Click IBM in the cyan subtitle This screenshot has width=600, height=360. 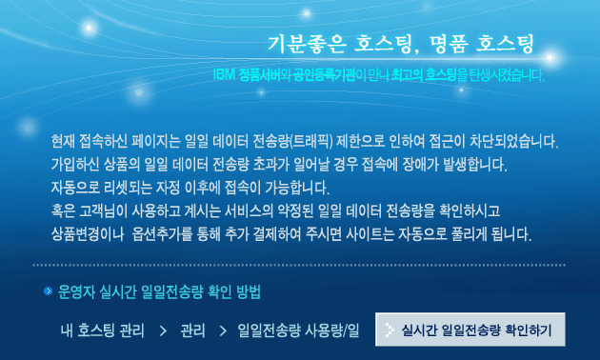pyautogui.click(x=224, y=74)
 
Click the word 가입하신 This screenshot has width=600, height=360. pyautogui.click(x=75, y=165)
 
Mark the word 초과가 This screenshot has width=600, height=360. pyautogui.click(x=270, y=165)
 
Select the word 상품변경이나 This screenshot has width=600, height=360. pyautogui.click(x=88, y=234)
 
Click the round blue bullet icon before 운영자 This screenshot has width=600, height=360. pyautogui.click(x=49, y=291)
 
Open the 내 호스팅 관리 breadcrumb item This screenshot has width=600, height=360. pyautogui.click(x=102, y=330)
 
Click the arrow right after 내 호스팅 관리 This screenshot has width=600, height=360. pyautogui.click(x=163, y=330)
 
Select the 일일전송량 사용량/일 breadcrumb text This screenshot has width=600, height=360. pyautogui.click(x=298, y=330)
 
